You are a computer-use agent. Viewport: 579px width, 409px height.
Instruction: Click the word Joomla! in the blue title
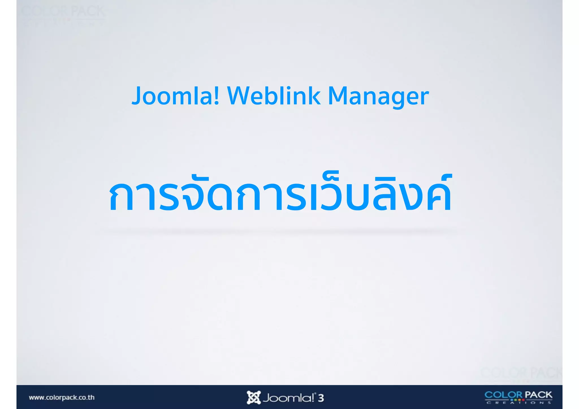tap(175, 96)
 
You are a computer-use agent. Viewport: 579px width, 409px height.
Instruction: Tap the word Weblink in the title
tap(274, 96)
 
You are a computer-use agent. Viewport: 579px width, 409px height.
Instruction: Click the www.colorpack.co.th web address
tap(62, 397)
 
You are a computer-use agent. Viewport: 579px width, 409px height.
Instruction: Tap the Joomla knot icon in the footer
tap(253, 397)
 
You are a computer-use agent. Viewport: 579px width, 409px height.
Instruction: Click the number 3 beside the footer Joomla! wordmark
tap(321, 398)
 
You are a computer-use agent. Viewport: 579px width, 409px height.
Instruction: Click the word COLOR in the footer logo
tap(503, 395)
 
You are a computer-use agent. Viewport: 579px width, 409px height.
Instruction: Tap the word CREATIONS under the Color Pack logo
tap(518, 402)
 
